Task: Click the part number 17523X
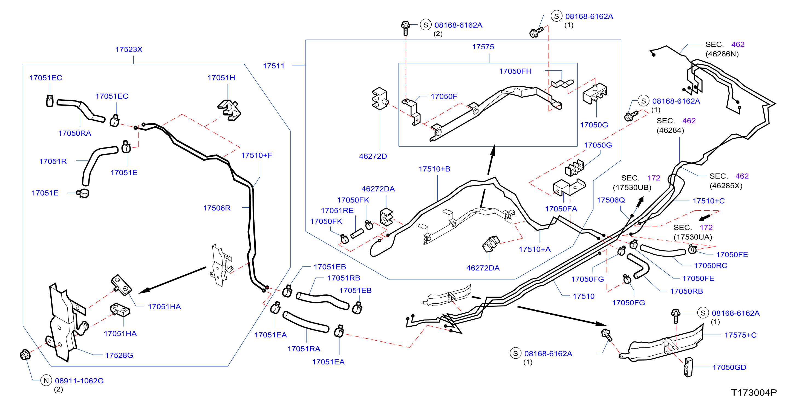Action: point(129,50)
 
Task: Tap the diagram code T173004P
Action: point(754,393)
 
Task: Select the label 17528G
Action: point(119,355)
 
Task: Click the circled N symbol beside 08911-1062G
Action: point(46,381)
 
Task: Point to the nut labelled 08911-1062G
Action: point(25,355)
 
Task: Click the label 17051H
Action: point(221,78)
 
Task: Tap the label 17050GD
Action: point(729,367)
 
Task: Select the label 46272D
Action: point(373,156)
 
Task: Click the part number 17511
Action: point(273,66)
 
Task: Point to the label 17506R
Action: point(217,208)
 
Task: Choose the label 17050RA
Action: point(75,133)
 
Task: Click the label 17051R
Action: point(53,161)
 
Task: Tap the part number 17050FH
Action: point(515,71)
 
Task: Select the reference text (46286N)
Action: point(722,54)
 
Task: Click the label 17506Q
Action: point(610,200)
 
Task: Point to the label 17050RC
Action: point(711,266)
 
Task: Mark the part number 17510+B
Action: point(434,169)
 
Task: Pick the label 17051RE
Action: point(337,211)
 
